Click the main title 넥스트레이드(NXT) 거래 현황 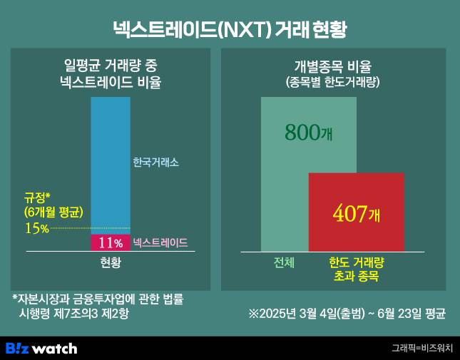coord(230,29)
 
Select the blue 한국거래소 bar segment coord(111,164)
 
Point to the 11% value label coord(111,243)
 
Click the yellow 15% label coord(36,228)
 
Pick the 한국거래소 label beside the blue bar coord(155,163)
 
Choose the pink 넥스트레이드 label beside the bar coord(160,243)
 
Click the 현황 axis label coord(111,263)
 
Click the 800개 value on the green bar coord(307,133)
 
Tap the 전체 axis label coord(284,262)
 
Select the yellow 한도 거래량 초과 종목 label coord(356,269)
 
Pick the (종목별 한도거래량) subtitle coord(332,83)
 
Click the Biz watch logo coord(41,348)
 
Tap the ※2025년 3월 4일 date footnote coord(347,313)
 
